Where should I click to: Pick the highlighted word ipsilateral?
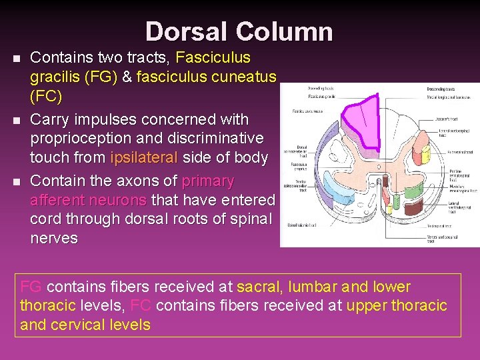point(144,158)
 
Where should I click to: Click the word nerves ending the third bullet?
point(54,238)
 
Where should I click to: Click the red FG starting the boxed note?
point(31,287)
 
